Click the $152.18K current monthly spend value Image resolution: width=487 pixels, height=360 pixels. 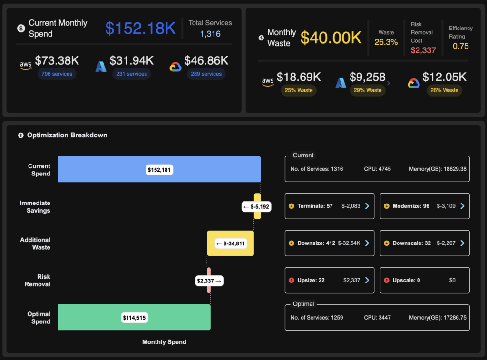140,28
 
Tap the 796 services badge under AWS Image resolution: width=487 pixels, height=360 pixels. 57,74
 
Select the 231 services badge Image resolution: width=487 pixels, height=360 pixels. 131,74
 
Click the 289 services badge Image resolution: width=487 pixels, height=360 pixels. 206,74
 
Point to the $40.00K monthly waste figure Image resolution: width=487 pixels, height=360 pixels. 331,38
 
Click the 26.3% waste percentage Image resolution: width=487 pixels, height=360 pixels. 386,42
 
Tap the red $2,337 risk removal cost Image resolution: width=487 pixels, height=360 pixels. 423,50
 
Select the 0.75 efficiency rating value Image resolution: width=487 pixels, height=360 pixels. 460,46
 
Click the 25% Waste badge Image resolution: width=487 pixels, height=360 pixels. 298,90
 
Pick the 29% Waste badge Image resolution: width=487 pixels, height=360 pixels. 367,90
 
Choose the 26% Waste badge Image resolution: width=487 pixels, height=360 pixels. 444,90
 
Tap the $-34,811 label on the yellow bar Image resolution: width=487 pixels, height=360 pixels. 231,243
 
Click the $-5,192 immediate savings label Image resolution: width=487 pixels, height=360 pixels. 256,206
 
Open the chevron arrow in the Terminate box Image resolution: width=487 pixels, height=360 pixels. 367,206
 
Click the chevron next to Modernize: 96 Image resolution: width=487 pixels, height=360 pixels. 462,206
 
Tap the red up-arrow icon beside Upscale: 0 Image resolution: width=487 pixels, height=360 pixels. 386,280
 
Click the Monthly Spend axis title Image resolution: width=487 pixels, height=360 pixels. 164,342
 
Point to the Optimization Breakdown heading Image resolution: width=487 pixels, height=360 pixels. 67,135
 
